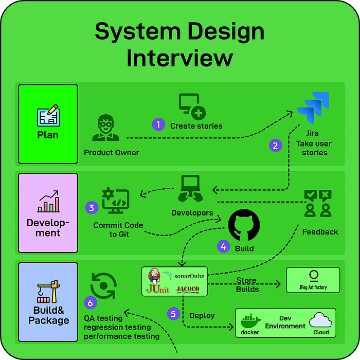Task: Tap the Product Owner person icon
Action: [x=106, y=128]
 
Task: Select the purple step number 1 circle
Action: [x=158, y=124]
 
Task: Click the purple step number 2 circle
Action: [x=275, y=146]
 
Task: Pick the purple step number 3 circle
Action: [x=92, y=208]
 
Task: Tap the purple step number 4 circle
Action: [x=223, y=246]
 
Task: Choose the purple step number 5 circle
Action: [x=174, y=314]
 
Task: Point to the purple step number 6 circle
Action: [x=91, y=303]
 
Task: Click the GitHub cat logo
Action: [x=244, y=225]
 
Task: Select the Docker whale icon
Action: [x=250, y=320]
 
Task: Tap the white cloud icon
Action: [x=320, y=320]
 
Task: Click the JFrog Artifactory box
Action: [x=313, y=280]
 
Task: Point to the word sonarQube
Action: [x=189, y=276]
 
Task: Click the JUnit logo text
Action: [x=158, y=289]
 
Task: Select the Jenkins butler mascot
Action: [x=154, y=276]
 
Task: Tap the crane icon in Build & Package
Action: [x=48, y=292]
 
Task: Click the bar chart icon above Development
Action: [x=48, y=201]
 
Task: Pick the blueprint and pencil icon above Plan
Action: [x=48, y=115]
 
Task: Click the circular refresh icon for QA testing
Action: [x=103, y=285]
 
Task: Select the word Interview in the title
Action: [x=180, y=58]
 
